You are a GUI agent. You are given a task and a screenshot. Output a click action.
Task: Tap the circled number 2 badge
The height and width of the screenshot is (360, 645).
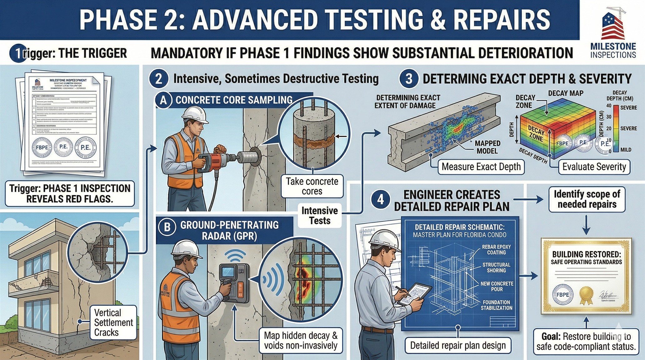(x=159, y=79)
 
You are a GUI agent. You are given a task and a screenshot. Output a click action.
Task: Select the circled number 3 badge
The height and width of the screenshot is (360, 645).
(x=408, y=79)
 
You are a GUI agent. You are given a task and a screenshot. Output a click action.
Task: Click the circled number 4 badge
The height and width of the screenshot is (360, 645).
(x=380, y=199)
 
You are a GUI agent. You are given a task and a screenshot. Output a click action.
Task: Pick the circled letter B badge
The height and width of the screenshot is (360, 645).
(x=167, y=227)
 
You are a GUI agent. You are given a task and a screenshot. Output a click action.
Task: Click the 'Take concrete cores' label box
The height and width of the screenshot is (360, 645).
(x=312, y=186)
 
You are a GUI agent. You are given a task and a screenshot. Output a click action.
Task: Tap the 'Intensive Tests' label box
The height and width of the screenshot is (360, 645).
(x=319, y=216)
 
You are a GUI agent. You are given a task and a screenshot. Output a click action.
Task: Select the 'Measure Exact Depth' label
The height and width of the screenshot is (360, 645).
(x=481, y=167)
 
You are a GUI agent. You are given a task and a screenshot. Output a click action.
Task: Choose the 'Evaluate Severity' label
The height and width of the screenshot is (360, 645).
(x=594, y=167)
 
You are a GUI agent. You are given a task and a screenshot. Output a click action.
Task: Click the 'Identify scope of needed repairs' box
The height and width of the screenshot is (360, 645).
(x=587, y=199)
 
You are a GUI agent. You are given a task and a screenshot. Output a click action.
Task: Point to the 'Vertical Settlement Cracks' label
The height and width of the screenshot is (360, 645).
(x=113, y=322)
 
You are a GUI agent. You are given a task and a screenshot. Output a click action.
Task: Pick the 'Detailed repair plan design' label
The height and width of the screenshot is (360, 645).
(x=458, y=345)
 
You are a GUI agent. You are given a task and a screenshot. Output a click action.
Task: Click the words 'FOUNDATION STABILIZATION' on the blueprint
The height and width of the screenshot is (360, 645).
(x=496, y=305)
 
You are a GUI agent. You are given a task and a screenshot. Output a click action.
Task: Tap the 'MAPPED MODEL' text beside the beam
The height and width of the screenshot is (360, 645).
(x=487, y=147)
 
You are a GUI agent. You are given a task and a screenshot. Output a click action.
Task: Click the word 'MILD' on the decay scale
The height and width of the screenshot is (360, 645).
(x=626, y=150)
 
